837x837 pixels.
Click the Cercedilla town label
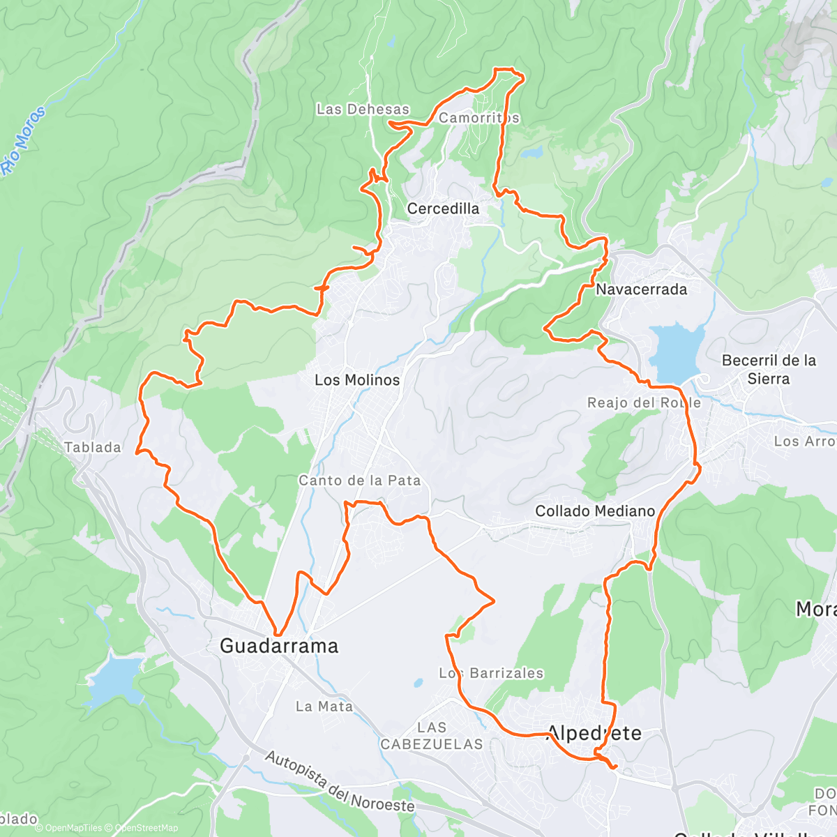443,209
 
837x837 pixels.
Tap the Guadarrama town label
279,646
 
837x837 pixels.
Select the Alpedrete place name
594,733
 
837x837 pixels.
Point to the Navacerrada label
641,289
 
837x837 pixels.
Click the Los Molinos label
357,380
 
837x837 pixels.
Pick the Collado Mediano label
595,511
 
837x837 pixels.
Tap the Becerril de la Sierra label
769,370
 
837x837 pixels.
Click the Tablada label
93,448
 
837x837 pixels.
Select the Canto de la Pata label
360,481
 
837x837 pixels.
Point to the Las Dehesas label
363,110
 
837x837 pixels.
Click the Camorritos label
479,118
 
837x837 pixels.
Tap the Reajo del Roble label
644,403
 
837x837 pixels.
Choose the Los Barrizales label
491,673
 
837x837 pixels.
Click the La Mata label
324,707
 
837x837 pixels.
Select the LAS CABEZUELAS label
432,736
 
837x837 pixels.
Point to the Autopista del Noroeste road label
340,782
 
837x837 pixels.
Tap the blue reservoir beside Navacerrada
675,351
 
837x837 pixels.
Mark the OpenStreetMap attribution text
146,828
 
